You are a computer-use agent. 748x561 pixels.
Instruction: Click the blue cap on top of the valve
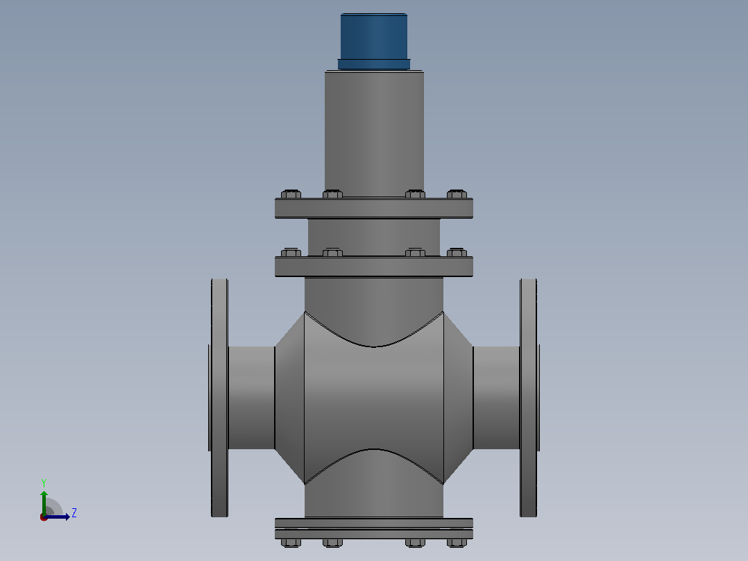[374, 42]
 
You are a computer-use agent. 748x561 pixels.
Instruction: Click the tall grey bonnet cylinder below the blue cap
[374, 134]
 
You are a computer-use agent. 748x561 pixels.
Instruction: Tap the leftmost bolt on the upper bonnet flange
[291, 194]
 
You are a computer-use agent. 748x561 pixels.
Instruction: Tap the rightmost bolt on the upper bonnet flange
[457, 194]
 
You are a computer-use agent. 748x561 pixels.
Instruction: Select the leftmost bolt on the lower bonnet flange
[291, 252]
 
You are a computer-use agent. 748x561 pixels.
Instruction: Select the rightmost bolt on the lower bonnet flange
[457, 252]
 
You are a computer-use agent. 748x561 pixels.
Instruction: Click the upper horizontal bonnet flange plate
[374, 208]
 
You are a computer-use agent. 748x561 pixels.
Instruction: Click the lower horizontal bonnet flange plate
[374, 267]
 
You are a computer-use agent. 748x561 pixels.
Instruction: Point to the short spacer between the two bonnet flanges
[374, 237]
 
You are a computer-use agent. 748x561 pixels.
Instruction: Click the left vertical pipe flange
[219, 398]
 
